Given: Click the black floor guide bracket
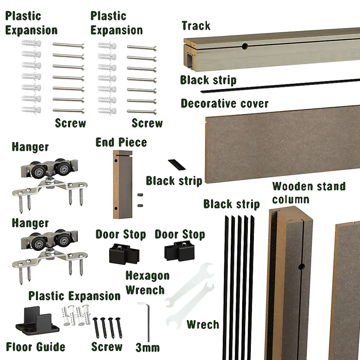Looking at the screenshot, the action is click(x=37, y=321).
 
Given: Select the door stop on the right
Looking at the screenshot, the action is click(x=180, y=251).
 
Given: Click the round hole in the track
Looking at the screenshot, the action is click(x=245, y=46).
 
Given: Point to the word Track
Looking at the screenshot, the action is click(x=196, y=26).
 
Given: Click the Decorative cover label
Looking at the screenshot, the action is click(x=224, y=103).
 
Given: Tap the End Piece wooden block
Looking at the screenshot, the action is click(x=123, y=184).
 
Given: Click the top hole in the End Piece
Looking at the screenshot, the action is click(x=116, y=160).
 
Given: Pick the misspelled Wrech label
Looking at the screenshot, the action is click(x=203, y=324).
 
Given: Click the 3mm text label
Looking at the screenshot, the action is click(x=147, y=347).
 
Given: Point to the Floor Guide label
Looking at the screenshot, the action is click(x=36, y=347).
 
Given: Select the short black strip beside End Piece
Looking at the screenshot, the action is click(x=177, y=165).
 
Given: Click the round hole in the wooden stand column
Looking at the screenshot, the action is click(x=301, y=267).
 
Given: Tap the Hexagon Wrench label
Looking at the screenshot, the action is click(x=147, y=283).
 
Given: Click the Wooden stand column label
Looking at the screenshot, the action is click(x=309, y=193).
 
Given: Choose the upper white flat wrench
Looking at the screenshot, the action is click(x=190, y=285).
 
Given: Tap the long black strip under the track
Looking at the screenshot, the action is click(x=280, y=85).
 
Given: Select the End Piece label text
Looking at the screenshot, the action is click(x=121, y=142).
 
